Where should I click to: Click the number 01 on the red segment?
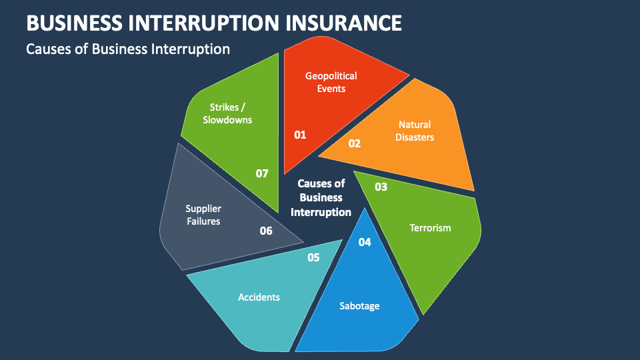point(300,135)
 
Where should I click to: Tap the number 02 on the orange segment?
point(354,144)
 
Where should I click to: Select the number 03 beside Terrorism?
point(381,187)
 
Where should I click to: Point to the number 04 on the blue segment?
point(365,243)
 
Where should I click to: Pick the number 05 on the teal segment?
point(313,257)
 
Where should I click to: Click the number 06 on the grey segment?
point(266,231)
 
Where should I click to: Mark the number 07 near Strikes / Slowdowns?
point(262,173)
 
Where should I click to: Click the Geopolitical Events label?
point(331,82)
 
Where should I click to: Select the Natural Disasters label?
point(415,131)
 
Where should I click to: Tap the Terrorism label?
point(430,228)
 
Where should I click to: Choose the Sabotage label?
point(359,306)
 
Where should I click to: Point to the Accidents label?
point(259,297)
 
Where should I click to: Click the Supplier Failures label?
point(203,215)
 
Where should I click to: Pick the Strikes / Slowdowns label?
point(227,113)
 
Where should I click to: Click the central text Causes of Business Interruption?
point(321,197)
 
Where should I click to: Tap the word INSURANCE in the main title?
point(343,23)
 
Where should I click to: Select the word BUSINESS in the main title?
point(74,23)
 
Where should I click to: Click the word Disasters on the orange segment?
point(415,137)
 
